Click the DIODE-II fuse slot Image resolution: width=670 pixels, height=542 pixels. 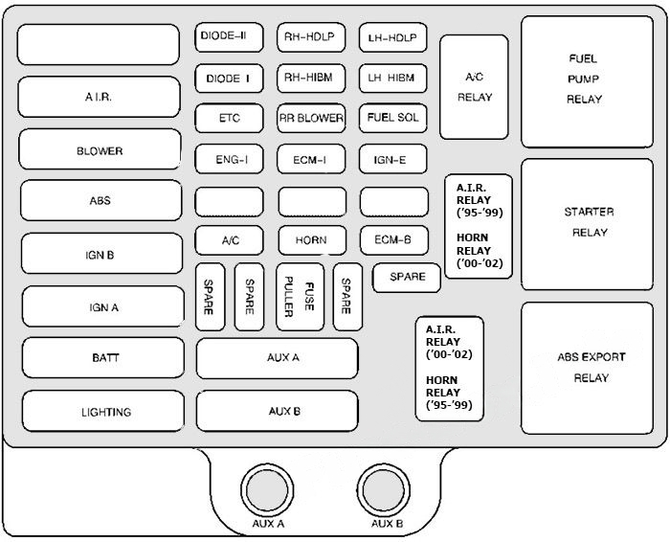pos(229,37)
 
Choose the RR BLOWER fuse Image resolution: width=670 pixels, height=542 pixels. pos(311,119)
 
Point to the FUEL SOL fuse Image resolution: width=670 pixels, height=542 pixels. pos(393,118)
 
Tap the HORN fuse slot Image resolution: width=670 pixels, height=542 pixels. pos(311,241)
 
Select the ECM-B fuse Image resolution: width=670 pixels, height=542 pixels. pos(393,240)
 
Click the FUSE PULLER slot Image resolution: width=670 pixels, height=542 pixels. pos(298,296)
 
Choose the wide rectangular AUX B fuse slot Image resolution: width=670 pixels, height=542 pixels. pos(278,411)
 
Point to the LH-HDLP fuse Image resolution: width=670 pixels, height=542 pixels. pos(393,38)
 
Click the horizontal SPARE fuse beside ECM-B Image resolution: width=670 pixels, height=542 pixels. pos(407,278)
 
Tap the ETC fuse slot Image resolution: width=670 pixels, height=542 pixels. pos(229,119)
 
